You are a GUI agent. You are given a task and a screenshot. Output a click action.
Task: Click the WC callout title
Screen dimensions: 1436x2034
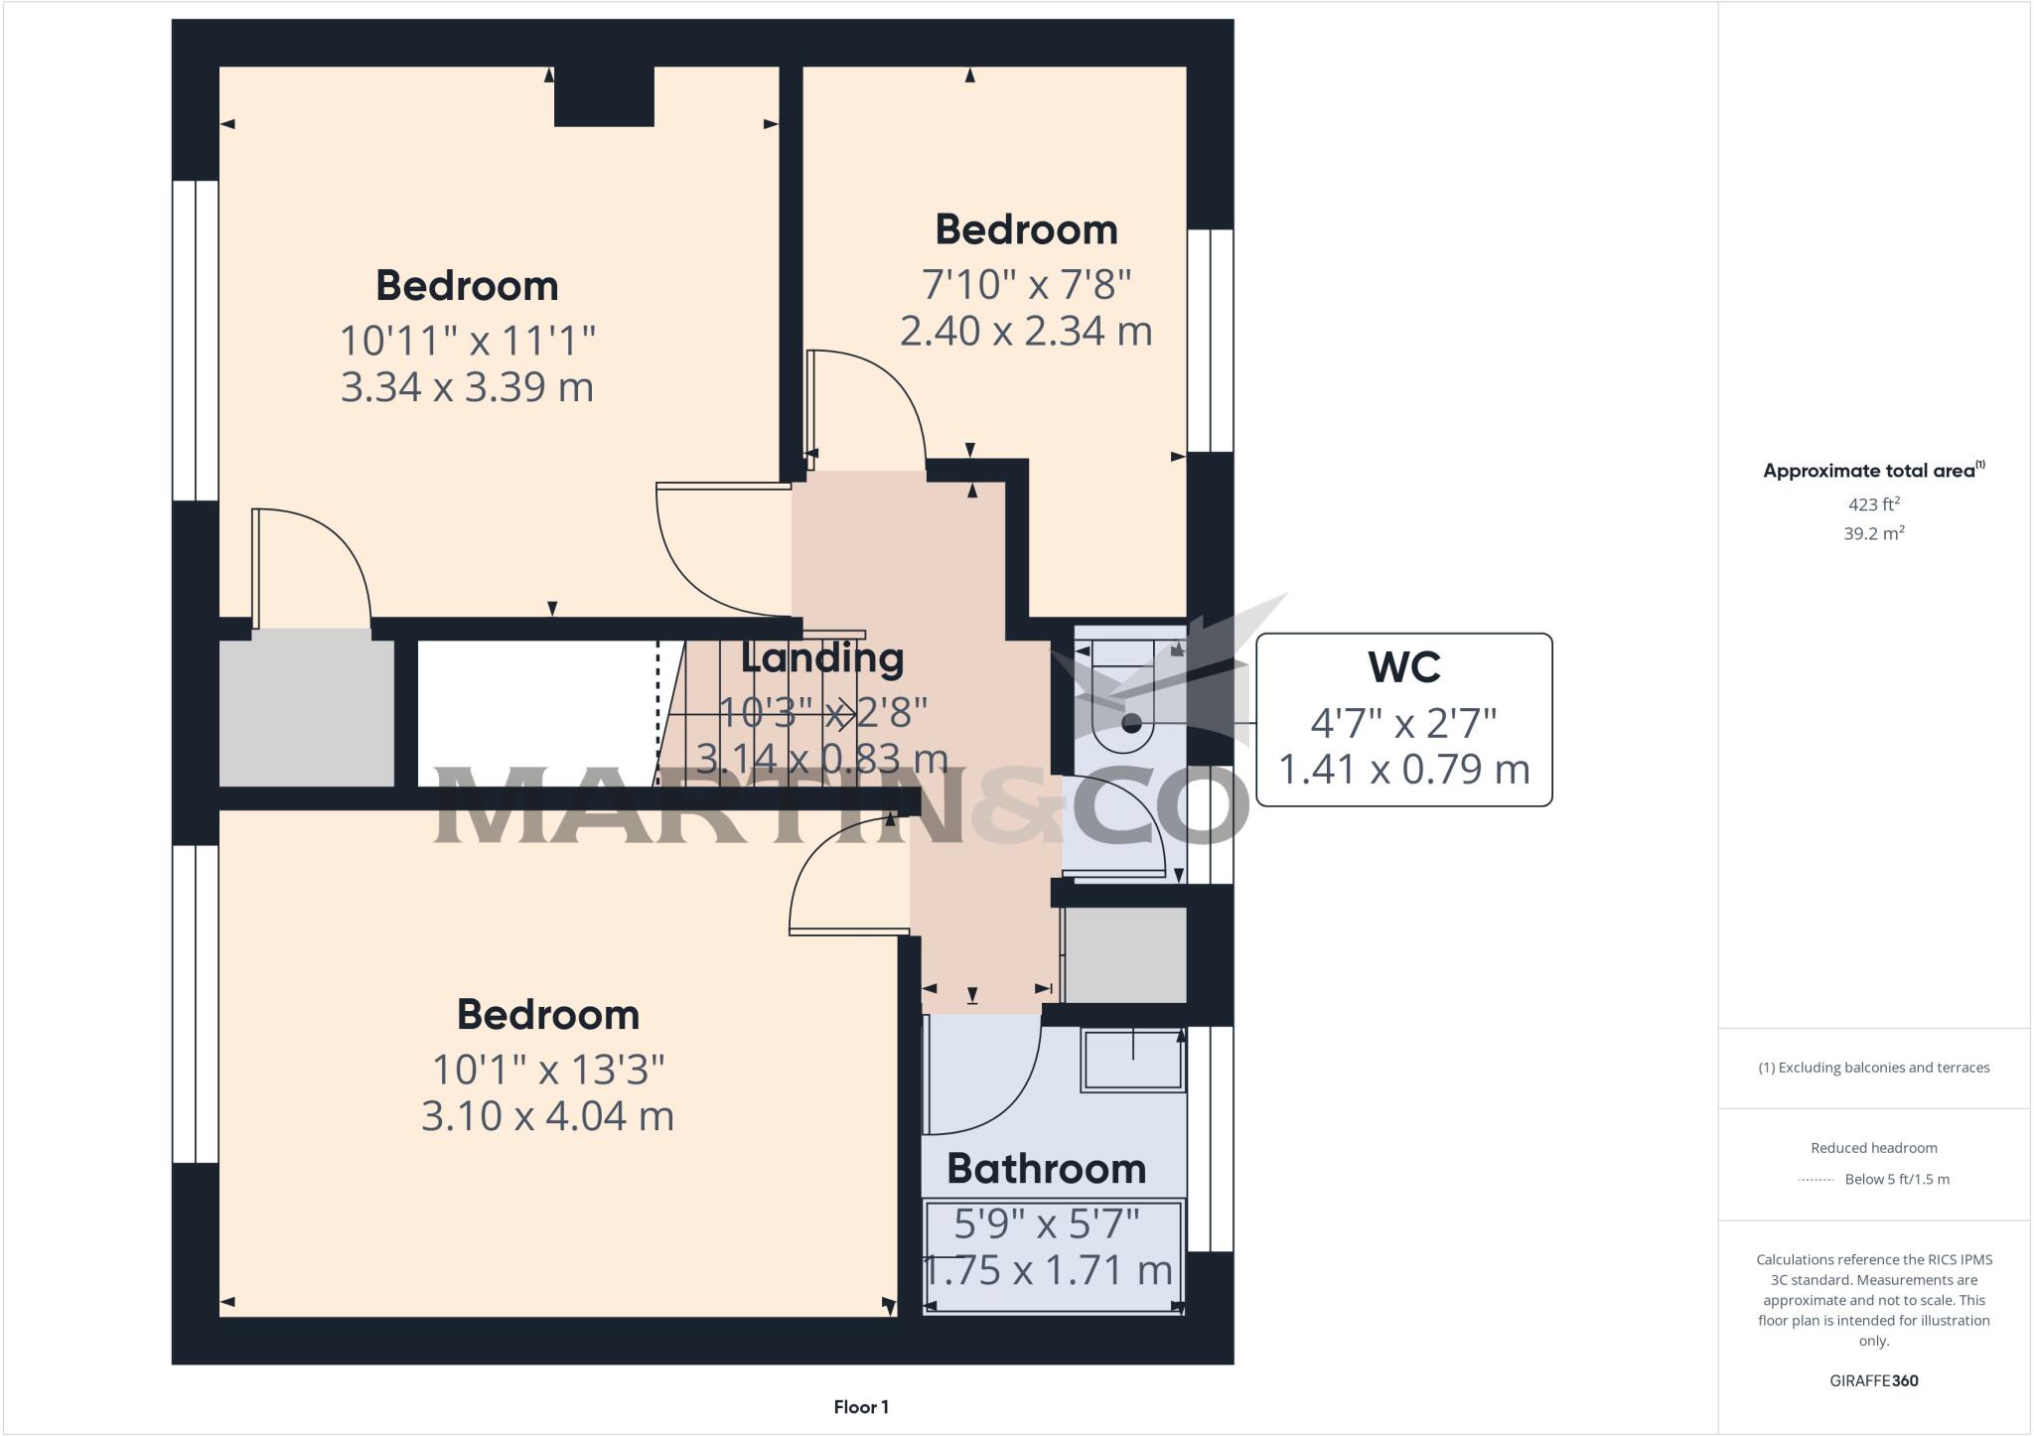pyautogui.click(x=1403, y=667)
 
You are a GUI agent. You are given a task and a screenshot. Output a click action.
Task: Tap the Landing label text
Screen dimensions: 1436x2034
pyautogui.click(x=822, y=658)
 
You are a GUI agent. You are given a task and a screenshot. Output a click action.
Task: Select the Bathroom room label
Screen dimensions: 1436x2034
pyautogui.click(x=1046, y=1169)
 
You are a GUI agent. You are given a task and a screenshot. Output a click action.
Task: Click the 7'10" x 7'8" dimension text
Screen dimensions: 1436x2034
pyautogui.click(x=1026, y=285)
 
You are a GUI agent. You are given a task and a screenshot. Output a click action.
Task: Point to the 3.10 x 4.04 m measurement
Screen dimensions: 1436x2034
pyautogui.click(x=547, y=1116)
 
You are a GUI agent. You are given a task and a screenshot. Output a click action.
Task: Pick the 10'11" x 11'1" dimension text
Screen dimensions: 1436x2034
pyautogui.click(x=467, y=341)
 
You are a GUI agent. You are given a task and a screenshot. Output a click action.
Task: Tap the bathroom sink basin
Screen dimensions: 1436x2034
pyautogui.click(x=1132, y=1061)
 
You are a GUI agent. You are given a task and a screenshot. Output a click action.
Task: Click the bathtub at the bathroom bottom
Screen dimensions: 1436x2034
pyautogui.click(x=1053, y=1257)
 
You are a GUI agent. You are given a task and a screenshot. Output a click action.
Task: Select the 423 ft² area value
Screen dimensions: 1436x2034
pyautogui.click(x=1873, y=504)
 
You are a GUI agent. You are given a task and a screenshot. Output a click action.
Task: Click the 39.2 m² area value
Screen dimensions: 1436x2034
pyautogui.click(x=1873, y=533)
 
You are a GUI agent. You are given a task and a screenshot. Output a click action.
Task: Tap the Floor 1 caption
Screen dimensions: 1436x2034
pyautogui.click(x=861, y=1407)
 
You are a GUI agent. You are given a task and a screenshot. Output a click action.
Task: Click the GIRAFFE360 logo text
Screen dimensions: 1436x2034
pyautogui.click(x=1873, y=1380)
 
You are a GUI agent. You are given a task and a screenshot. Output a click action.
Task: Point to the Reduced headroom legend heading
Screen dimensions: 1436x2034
pyautogui.click(x=1873, y=1148)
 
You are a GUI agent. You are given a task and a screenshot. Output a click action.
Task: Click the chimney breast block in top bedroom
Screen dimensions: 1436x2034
pyautogui.click(x=604, y=96)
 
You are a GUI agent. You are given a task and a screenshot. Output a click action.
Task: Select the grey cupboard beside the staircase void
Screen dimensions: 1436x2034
pyautogui.click(x=306, y=713)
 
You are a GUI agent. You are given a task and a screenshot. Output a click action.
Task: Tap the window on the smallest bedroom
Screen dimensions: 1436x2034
pyautogui.click(x=1211, y=341)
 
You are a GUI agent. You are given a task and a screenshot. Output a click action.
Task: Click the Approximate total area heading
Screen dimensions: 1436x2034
pyautogui.click(x=1873, y=471)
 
